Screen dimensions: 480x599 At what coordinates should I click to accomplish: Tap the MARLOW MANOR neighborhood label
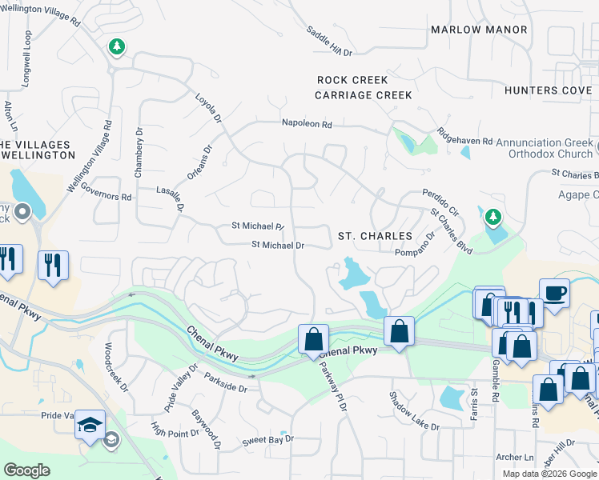point(479,30)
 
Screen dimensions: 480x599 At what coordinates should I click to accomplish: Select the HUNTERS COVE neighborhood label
point(549,90)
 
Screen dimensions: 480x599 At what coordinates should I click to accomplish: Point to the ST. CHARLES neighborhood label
point(375,237)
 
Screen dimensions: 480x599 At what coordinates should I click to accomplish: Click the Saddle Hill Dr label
point(329,40)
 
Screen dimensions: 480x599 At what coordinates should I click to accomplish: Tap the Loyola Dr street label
point(208,108)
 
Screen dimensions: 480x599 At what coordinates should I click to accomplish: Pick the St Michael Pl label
point(258,226)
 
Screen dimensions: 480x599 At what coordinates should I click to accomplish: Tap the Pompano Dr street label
point(414,244)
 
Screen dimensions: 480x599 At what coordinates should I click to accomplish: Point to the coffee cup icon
point(554,292)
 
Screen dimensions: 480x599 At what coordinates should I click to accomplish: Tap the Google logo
point(26,470)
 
